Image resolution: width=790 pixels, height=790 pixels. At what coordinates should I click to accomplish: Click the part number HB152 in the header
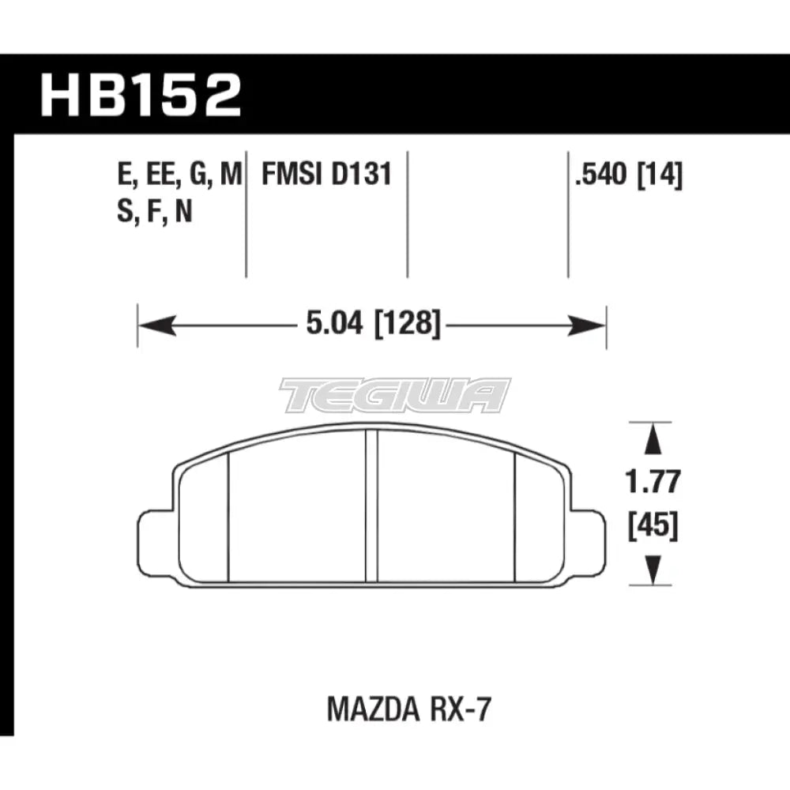140,96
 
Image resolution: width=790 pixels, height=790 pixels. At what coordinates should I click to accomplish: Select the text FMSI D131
327,174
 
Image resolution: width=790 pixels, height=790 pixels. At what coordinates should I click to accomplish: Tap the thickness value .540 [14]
629,174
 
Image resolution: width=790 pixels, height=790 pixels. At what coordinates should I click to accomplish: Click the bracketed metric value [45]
652,525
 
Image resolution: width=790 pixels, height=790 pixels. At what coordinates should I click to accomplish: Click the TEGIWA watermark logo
395,394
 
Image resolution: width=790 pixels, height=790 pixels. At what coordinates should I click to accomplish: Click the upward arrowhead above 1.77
652,439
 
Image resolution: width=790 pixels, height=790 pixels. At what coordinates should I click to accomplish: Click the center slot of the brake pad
371,506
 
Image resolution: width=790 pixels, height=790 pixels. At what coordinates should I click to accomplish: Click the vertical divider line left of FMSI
246,213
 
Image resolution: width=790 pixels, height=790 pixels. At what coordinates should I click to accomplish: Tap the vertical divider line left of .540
568,213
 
